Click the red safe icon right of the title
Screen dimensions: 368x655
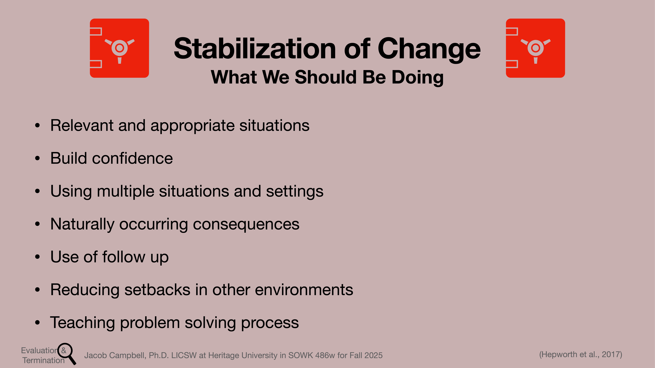(535, 48)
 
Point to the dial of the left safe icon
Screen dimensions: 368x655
(120, 48)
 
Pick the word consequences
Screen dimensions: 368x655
(246, 224)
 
